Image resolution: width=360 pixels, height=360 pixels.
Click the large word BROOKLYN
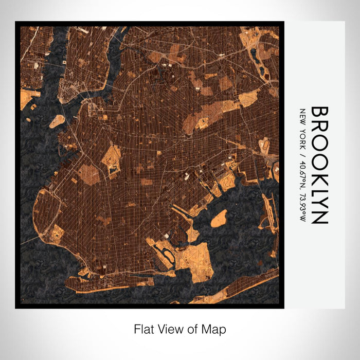(x=320, y=165)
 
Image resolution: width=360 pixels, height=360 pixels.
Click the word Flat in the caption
(x=144, y=329)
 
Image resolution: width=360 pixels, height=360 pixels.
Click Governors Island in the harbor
(x=57, y=121)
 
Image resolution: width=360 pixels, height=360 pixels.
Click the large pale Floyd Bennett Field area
(x=193, y=255)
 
